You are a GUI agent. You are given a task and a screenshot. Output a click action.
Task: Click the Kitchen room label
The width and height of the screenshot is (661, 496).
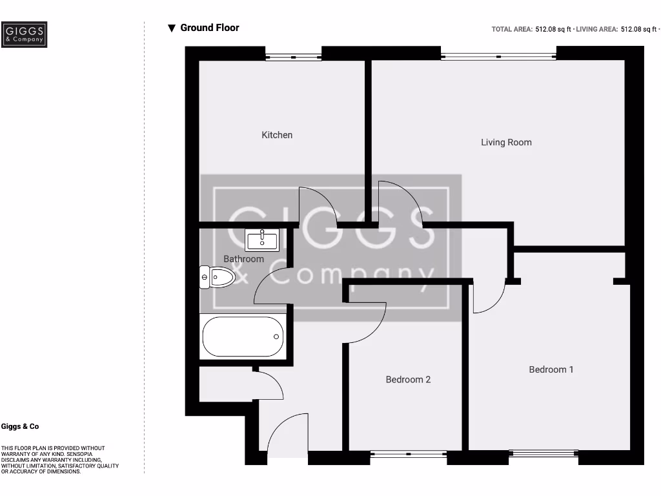(x=277, y=135)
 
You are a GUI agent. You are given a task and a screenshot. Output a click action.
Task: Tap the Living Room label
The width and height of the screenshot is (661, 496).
(x=506, y=142)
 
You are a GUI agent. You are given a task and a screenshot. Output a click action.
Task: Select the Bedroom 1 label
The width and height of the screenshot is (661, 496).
(x=551, y=369)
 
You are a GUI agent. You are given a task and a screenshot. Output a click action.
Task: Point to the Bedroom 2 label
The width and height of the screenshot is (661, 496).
(x=408, y=379)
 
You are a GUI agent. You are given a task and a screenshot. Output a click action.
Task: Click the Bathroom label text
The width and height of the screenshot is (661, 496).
(x=243, y=259)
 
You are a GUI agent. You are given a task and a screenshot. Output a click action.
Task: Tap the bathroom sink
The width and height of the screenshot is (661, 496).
(x=262, y=240)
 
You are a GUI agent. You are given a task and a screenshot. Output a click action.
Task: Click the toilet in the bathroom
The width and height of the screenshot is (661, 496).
(x=217, y=278)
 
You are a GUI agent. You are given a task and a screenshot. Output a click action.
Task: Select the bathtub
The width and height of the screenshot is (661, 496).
(x=243, y=336)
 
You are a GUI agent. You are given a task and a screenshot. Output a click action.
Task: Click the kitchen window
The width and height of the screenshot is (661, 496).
(x=294, y=57)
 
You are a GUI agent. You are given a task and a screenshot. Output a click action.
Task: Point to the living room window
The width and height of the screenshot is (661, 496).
(x=498, y=57)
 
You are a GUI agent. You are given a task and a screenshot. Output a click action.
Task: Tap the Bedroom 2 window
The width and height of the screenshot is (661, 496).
(x=409, y=454)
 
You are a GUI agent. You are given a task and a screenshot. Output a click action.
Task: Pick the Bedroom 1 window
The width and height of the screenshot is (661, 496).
(x=543, y=454)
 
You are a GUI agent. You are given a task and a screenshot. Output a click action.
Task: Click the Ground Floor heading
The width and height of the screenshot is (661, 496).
(x=210, y=28)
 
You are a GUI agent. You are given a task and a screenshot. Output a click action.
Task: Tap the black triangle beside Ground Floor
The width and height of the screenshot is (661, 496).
(x=172, y=28)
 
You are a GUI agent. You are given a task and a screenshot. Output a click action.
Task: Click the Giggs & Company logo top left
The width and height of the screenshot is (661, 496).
(x=24, y=35)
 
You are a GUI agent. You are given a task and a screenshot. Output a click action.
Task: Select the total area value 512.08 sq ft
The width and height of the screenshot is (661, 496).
(x=553, y=29)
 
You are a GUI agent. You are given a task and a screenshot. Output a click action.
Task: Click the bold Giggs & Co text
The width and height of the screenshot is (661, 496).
(x=20, y=427)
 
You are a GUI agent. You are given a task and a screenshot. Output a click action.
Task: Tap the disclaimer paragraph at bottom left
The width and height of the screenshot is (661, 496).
(x=52, y=460)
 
